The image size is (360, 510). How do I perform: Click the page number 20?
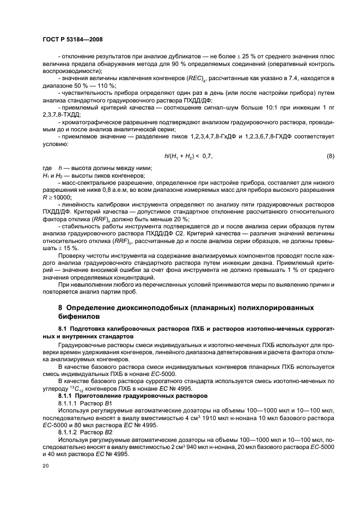[45, 466]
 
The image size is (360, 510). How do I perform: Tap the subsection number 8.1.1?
[67, 396]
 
